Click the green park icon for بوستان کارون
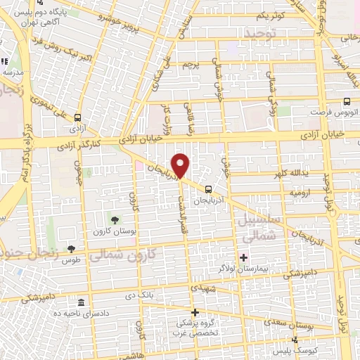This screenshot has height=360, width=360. click(x=115, y=221)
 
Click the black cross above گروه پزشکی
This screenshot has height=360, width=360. click(x=195, y=311)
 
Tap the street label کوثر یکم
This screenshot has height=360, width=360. click(x=269, y=14)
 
